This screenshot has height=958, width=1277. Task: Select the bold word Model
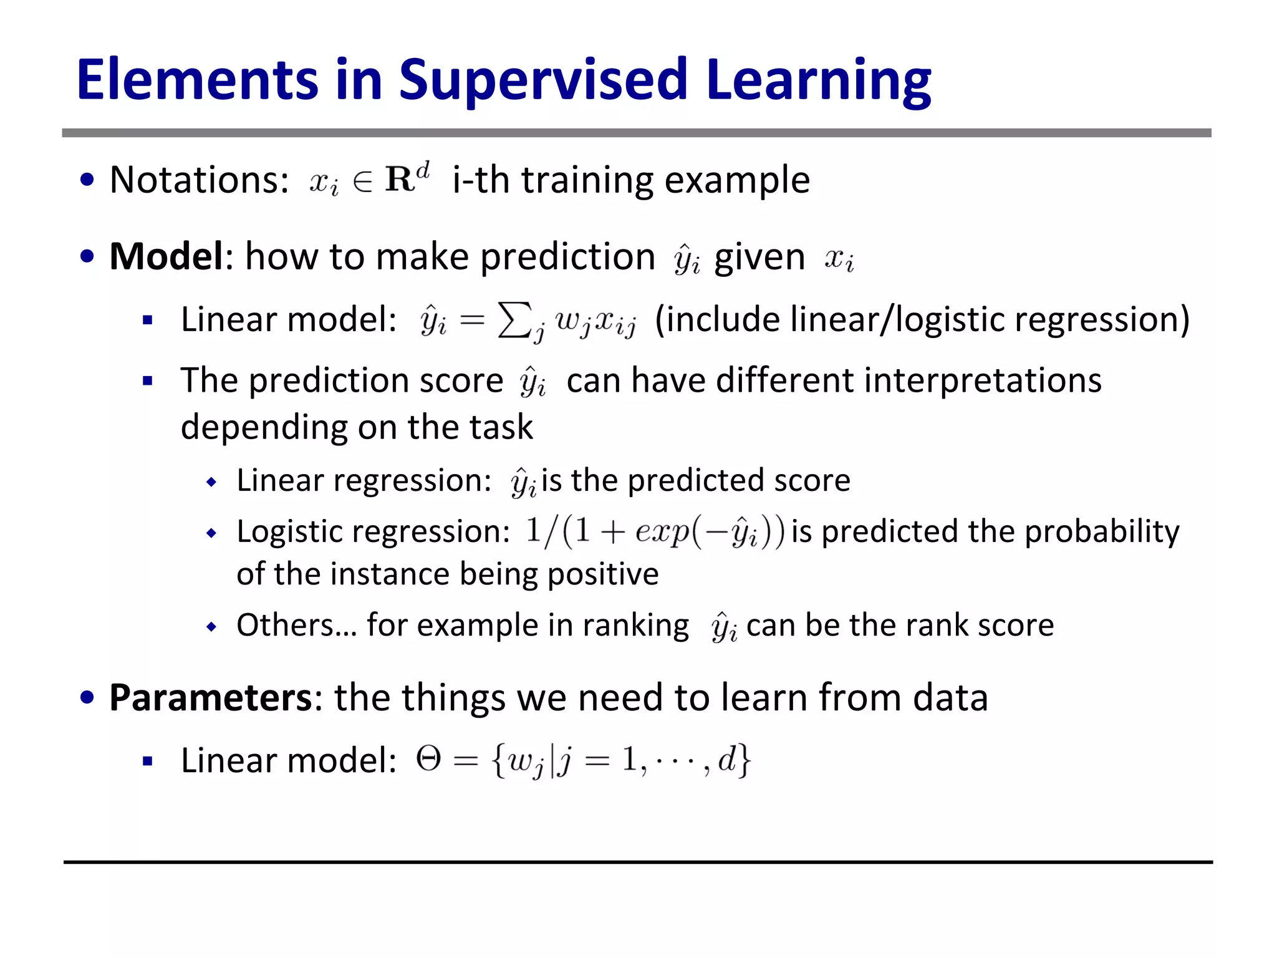pos(166,256)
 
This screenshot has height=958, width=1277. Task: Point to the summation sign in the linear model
pos(515,320)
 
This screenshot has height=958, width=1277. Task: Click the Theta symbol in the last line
pos(429,759)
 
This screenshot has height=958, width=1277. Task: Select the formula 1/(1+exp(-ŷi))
pos(655,532)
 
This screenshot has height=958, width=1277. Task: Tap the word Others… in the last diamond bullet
pos(297,624)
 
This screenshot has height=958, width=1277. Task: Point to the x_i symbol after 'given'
pos(839,258)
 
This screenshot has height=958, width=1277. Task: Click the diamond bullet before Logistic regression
pos(212,533)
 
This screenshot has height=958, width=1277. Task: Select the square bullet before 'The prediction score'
pos(148,380)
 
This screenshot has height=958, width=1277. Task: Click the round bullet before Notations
pos(87,180)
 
